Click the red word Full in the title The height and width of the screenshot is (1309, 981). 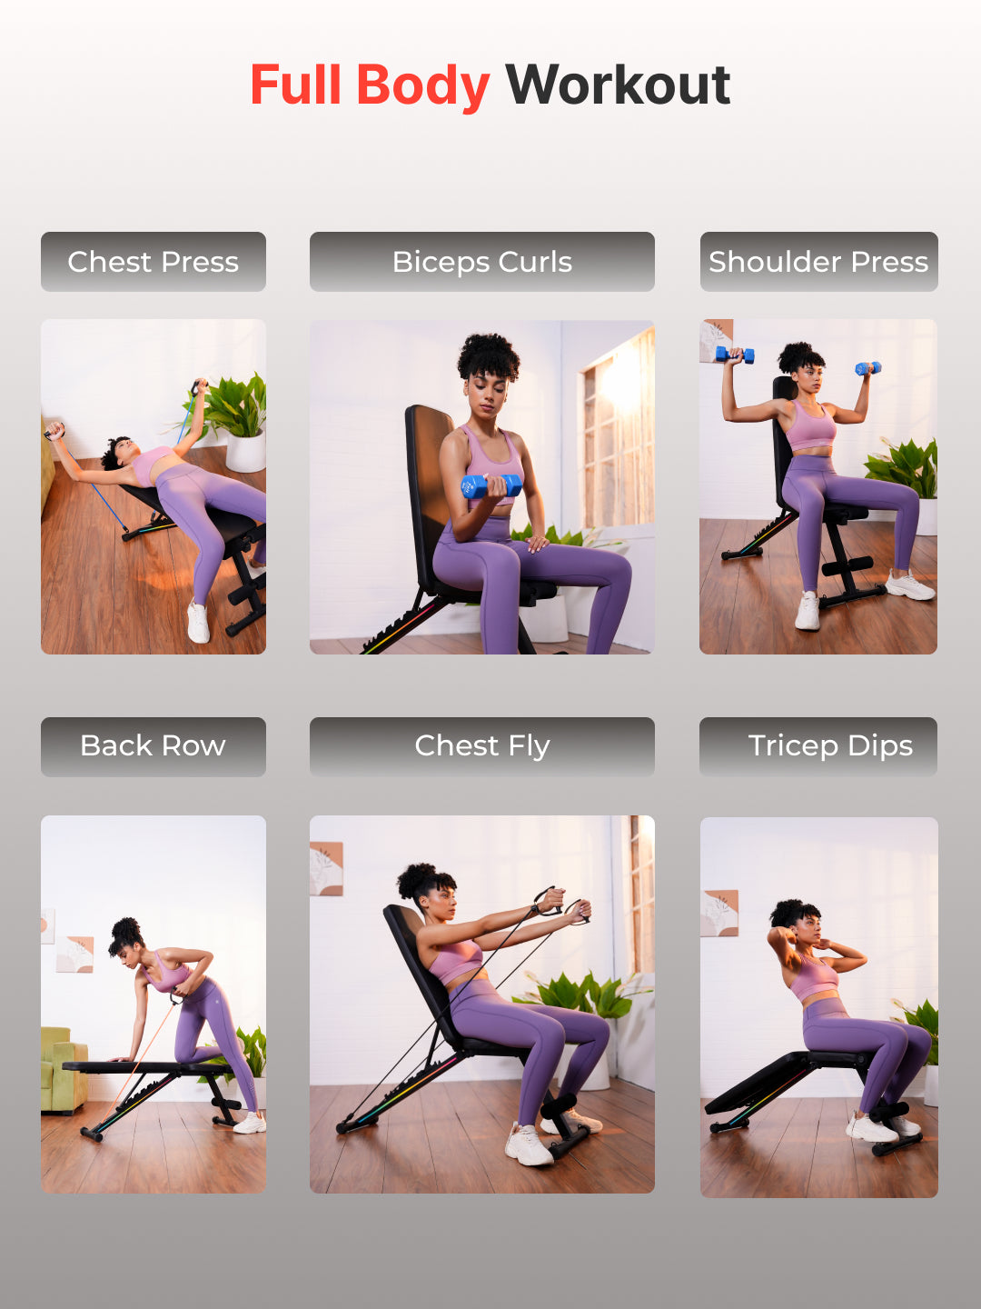295,85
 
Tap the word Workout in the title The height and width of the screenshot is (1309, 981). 618,85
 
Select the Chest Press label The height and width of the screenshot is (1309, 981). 154,262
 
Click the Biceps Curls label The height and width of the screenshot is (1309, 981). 481,262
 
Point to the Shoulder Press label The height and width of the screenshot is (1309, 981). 819,262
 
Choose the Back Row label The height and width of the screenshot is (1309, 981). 154,746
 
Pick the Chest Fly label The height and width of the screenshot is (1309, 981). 481,746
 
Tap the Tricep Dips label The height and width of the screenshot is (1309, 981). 818,746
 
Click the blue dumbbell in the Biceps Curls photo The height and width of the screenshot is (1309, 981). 491,486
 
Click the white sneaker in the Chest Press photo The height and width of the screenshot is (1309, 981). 198,622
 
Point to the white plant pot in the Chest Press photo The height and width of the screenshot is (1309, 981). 245,452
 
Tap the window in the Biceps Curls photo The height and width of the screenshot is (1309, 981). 616,429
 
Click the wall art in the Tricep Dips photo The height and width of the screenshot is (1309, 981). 719,913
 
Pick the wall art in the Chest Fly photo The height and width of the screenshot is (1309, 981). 326,868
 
